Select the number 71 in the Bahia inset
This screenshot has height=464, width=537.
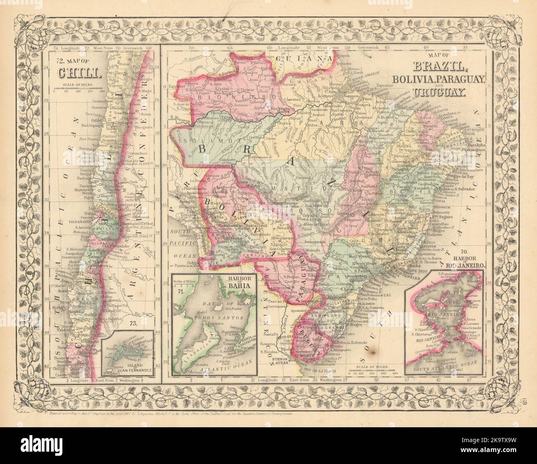180,291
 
